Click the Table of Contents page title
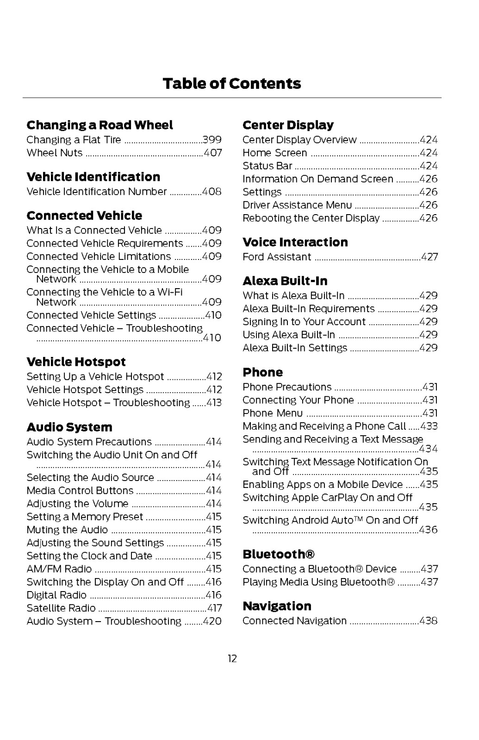pyautogui.click(x=232, y=84)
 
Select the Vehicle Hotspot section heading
pyautogui.click(x=76, y=362)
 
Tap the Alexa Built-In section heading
pyautogui.click(x=285, y=281)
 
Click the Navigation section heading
pyautogui.click(x=277, y=606)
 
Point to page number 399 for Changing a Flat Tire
pyautogui.click(x=212, y=140)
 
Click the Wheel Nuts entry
pyautogui.click(x=55, y=153)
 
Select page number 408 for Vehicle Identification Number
pyautogui.click(x=212, y=191)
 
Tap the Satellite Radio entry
pyautogui.click(x=61, y=608)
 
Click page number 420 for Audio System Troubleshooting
pyautogui.click(x=212, y=621)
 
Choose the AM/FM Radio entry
pyautogui.click(x=59, y=569)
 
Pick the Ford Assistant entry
pyautogui.click(x=277, y=257)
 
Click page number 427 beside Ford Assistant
pyautogui.click(x=429, y=257)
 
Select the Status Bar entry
pyautogui.click(x=267, y=166)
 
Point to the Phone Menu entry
pyautogui.click(x=273, y=413)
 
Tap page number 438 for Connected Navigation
pyautogui.click(x=429, y=621)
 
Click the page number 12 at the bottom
pyautogui.click(x=232, y=658)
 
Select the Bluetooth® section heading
pyautogui.click(x=279, y=554)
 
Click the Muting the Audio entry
pyautogui.click(x=67, y=530)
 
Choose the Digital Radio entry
pyautogui.click(x=56, y=595)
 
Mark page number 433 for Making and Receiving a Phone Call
pyautogui.click(x=429, y=426)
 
